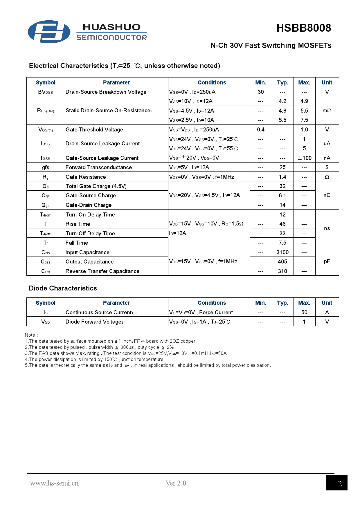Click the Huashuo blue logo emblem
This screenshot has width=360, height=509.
click(49, 32)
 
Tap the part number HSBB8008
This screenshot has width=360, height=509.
click(303, 28)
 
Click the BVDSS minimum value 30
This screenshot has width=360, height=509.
click(261, 92)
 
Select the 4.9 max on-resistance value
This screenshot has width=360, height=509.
click(304, 101)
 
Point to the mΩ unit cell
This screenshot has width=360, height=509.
click(327, 111)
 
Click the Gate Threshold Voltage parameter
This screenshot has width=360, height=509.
click(94, 130)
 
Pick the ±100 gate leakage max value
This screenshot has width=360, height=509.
click(304, 158)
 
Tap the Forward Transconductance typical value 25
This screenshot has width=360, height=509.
click(282, 167)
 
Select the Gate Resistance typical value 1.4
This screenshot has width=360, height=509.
click(282, 177)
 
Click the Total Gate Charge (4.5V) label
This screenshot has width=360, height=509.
click(96, 186)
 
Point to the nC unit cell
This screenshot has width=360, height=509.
click(327, 195)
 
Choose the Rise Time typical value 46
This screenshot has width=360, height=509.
click(282, 224)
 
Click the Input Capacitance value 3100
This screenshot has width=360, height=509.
click(282, 252)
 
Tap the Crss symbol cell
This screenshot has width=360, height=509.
click(46, 271)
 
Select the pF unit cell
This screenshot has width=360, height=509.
click(327, 261)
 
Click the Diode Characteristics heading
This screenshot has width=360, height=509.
click(63, 288)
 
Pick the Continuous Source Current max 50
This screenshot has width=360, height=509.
click(304, 313)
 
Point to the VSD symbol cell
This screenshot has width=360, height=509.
click(46, 322)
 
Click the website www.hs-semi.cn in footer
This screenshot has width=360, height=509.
click(54, 483)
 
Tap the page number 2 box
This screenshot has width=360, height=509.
click(336, 483)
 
